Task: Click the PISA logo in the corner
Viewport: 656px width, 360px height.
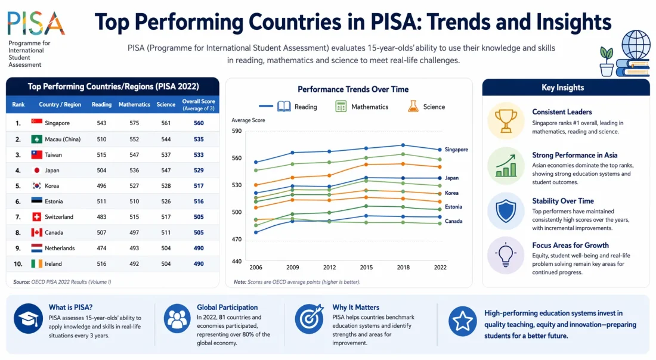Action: coord(36,24)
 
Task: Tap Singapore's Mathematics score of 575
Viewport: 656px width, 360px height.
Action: coord(134,123)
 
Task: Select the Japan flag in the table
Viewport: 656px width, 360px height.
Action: coord(37,170)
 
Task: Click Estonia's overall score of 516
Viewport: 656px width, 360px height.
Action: coord(199,201)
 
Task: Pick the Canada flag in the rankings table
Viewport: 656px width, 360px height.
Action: coord(37,232)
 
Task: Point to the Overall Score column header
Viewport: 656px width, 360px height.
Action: coord(199,105)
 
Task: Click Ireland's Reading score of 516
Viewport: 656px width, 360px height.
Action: coord(101,263)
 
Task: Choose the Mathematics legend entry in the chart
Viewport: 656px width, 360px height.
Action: coord(361,107)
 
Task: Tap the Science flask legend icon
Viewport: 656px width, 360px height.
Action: coord(413,107)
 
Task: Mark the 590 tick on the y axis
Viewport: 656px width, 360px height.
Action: coord(237,131)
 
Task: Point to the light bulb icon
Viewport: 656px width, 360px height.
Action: coord(506,255)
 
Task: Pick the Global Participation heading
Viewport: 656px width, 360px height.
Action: coord(227,308)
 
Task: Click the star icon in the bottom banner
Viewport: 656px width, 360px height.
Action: coord(462,321)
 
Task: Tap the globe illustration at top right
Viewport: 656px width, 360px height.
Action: coord(635,45)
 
